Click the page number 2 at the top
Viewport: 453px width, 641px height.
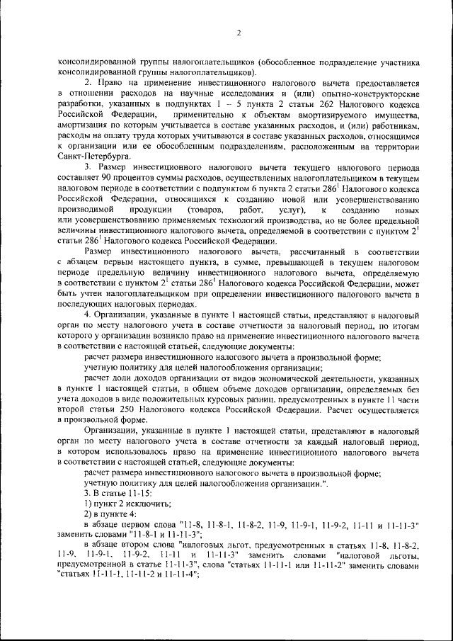tap(239, 33)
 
